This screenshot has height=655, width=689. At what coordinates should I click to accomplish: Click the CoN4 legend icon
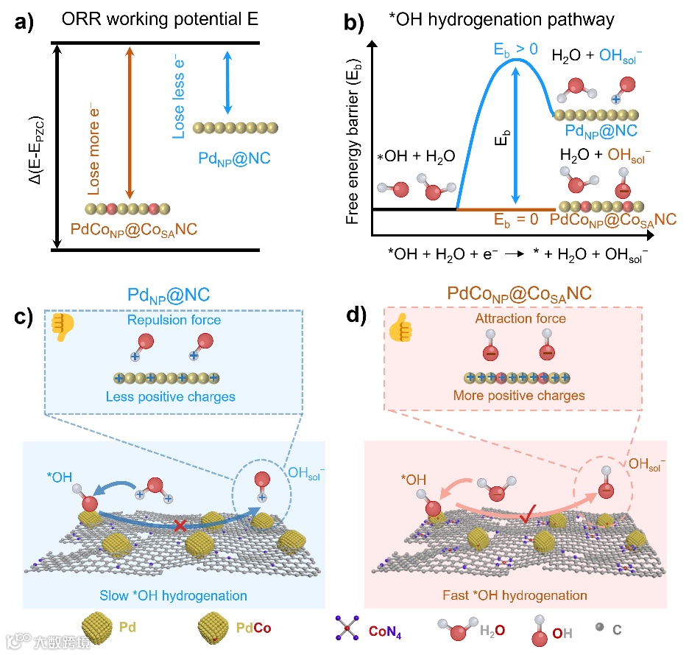point(346,628)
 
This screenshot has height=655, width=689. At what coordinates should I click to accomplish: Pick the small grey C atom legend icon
point(598,627)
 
